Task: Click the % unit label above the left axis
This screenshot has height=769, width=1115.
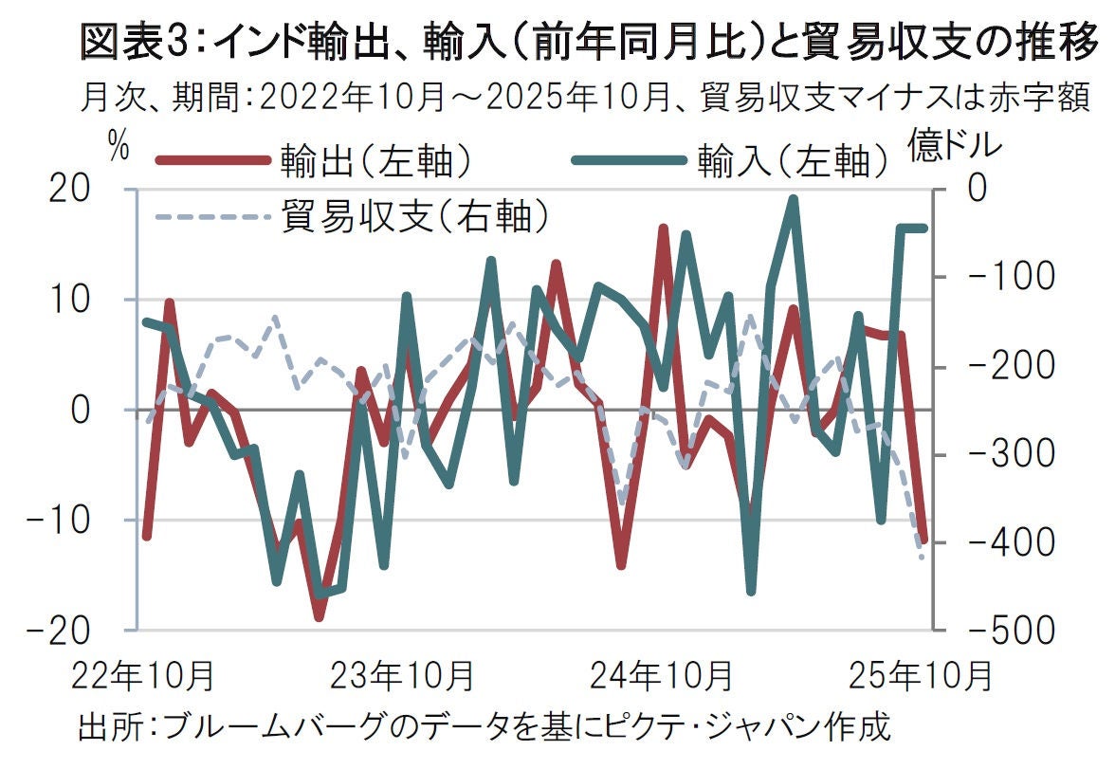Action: tap(118, 146)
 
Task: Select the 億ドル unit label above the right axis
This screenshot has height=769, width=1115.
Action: tap(955, 146)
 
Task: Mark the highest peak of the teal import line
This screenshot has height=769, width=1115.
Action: tap(793, 199)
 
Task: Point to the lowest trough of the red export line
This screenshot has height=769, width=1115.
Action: tap(319, 617)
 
